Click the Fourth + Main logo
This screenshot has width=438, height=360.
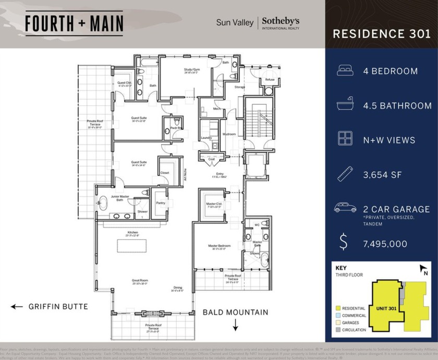coord(74,23)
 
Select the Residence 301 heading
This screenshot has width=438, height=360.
coord(382,34)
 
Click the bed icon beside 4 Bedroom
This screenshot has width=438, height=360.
coord(345,71)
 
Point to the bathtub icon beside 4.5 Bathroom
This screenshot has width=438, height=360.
coord(345,105)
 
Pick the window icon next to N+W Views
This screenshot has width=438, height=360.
coord(345,140)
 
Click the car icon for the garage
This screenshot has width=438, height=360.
coord(345,209)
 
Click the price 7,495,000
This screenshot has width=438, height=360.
coord(385,244)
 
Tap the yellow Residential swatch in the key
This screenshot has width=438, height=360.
coord(338,308)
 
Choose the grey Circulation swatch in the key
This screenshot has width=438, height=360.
coord(338,330)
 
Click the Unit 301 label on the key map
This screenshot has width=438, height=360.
coord(386,308)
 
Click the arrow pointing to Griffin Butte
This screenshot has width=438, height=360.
coord(17,307)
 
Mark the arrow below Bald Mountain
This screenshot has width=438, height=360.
coord(235,327)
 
